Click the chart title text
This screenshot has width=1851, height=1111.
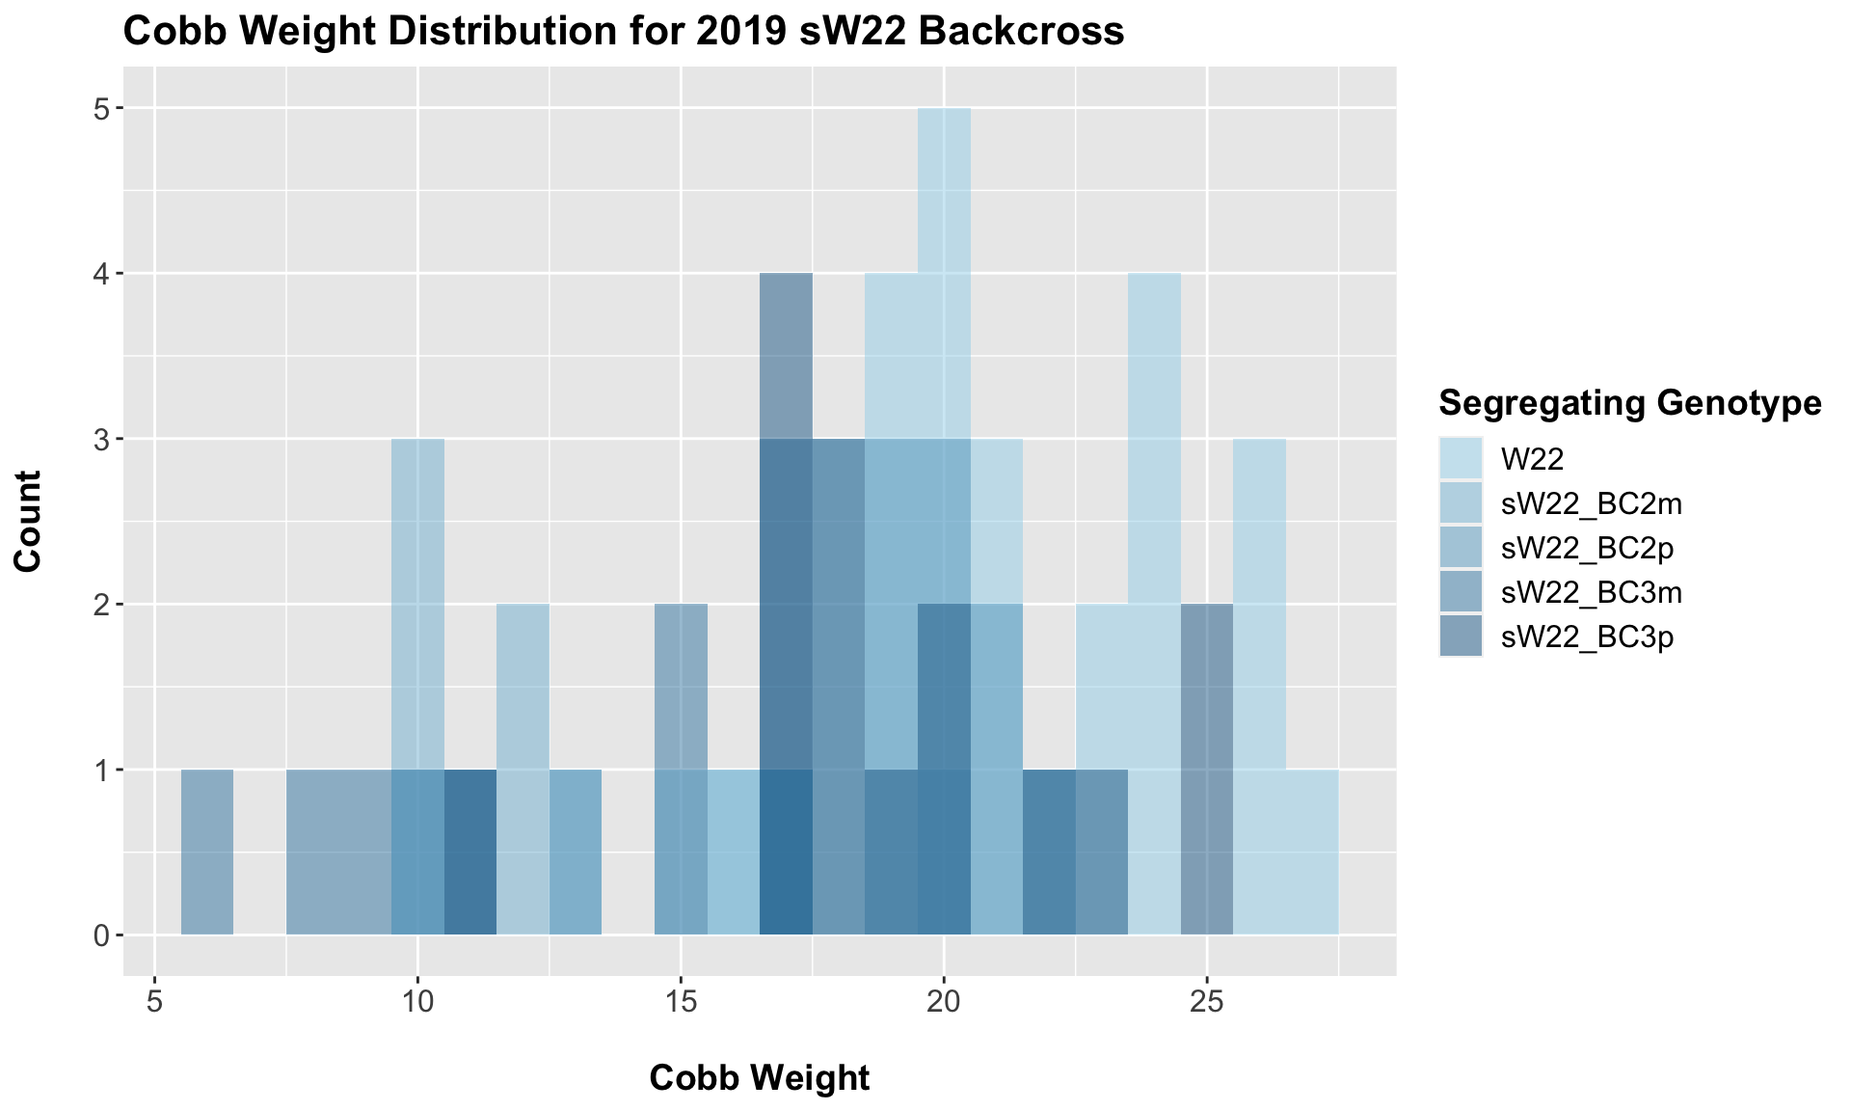click(x=624, y=32)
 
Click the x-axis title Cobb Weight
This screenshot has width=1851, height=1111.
click(x=760, y=1077)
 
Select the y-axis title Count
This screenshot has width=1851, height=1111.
click(x=28, y=521)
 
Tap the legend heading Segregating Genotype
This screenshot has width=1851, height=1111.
click(x=1629, y=403)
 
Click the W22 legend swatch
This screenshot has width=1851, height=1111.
click(x=1462, y=458)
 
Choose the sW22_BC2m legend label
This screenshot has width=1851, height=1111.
click(x=1591, y=502)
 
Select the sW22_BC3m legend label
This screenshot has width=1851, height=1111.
click(x=1591, y=592)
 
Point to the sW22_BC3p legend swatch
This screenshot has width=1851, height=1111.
click(x=1462, y=637)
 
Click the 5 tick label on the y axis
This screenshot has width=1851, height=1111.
click(x=99, y=109)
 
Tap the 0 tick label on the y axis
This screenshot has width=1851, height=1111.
click(x=99, y=935)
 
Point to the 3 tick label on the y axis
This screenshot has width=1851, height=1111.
click(x=99, y=440)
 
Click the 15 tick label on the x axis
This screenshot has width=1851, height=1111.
click(x=681, y=1003)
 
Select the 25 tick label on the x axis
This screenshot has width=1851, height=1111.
click(x=1206, y=1003)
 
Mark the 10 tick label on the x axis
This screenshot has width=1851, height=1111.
click(x=417, y=1003)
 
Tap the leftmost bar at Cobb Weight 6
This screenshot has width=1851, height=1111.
click(x=207, y=853)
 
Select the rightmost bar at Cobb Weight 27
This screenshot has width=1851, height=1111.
click(x=1311, y=853)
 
